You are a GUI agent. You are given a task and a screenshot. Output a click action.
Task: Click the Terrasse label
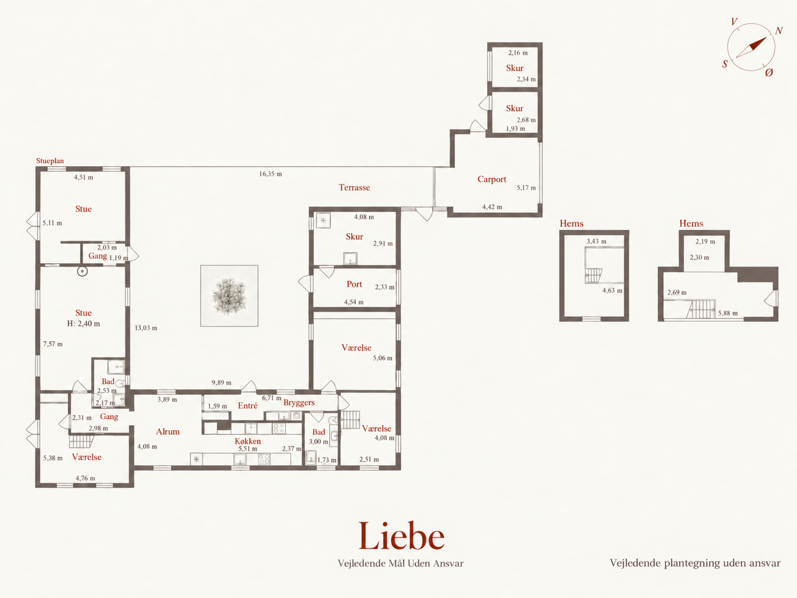[354, 187]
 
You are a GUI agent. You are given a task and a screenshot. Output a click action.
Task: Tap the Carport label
[492, 180]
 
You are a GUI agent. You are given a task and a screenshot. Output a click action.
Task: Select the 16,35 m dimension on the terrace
[270, 174]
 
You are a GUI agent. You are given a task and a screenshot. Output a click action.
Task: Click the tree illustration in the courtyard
[229, 296]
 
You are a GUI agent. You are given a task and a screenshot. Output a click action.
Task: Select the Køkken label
[248, 441]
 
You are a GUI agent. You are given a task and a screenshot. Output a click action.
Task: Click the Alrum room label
[168, 432]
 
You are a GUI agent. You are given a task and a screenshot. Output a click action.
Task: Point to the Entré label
[248, 406]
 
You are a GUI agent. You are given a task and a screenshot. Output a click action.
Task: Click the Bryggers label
[299, 403]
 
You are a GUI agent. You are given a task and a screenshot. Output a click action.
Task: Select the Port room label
[354, 284]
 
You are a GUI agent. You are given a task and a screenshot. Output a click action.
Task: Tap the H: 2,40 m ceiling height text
[84, 324]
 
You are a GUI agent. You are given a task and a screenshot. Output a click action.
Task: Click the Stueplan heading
[50, 161]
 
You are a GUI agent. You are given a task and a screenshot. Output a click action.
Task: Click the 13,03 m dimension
[146, 328]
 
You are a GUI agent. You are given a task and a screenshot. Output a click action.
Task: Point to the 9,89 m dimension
[221, 383]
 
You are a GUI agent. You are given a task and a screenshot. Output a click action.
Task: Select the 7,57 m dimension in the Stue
[53, 344]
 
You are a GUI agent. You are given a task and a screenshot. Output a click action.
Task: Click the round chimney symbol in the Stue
[83, 271]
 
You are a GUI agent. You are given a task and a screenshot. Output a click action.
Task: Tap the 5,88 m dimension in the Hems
[728, 313]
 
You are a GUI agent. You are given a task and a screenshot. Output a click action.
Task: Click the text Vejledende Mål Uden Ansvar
[401, 563]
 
